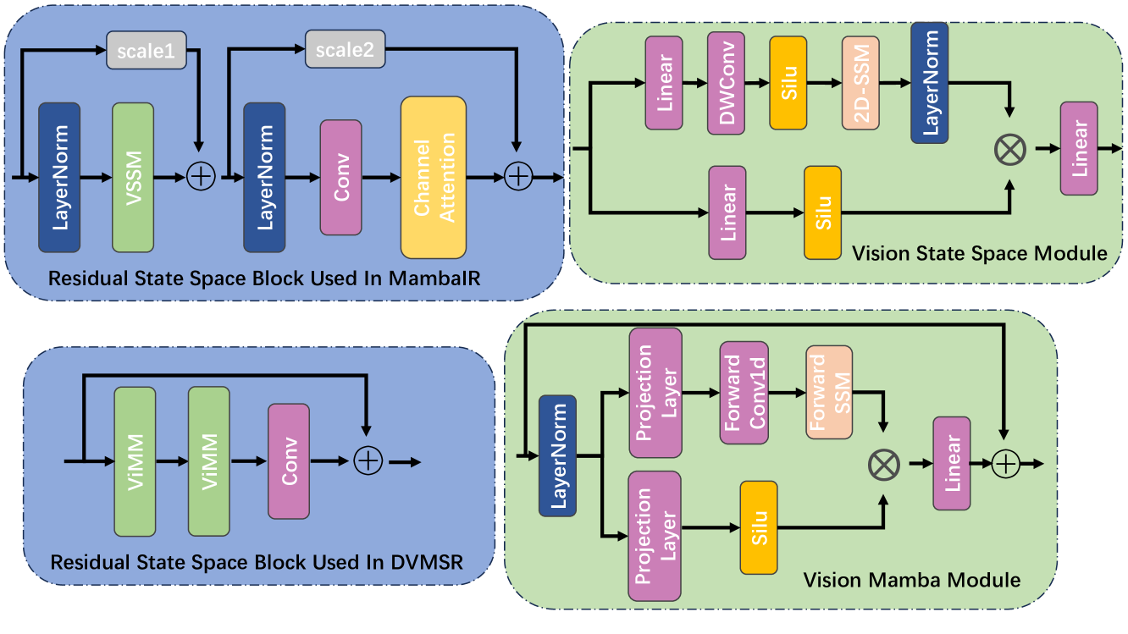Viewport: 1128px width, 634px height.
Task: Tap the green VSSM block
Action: tap(133, 177)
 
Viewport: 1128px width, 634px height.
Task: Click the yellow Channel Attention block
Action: tap(433, 177)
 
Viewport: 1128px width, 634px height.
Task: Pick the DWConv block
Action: tap(727, 83)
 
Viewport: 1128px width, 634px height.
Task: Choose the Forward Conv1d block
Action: tap(744, 393)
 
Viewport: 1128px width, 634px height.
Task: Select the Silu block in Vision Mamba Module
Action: tap(758, 527)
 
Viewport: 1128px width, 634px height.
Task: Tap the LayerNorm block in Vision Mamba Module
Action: tap(557, 455)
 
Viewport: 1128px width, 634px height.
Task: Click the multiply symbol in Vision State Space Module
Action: tap(1009, 149)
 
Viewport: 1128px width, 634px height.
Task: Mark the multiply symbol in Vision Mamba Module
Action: tap(884, 463)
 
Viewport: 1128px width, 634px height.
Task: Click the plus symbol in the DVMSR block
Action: tap(368, 461)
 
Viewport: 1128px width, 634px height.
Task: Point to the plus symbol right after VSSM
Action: tap(200, 176)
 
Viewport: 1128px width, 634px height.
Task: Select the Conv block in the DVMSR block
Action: tap(290, 461)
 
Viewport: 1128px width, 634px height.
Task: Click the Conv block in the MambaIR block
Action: tap(340, 177)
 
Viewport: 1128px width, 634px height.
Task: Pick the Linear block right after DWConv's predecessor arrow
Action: tap(665, 83)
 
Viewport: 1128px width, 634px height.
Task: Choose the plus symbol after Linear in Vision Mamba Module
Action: tap(1004, 463)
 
